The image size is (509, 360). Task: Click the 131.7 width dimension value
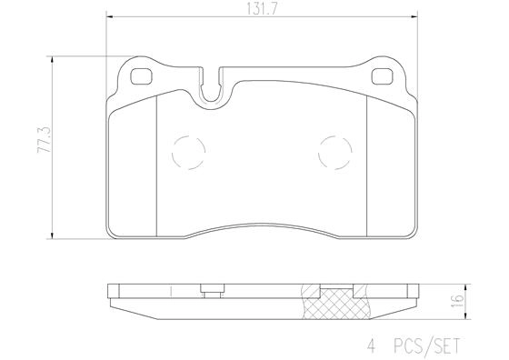(x=258, y=9)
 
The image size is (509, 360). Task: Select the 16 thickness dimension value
(x=459, y=298)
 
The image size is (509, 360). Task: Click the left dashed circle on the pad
(x=187, y=151)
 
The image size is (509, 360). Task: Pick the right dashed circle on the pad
(x=334, y=151)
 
